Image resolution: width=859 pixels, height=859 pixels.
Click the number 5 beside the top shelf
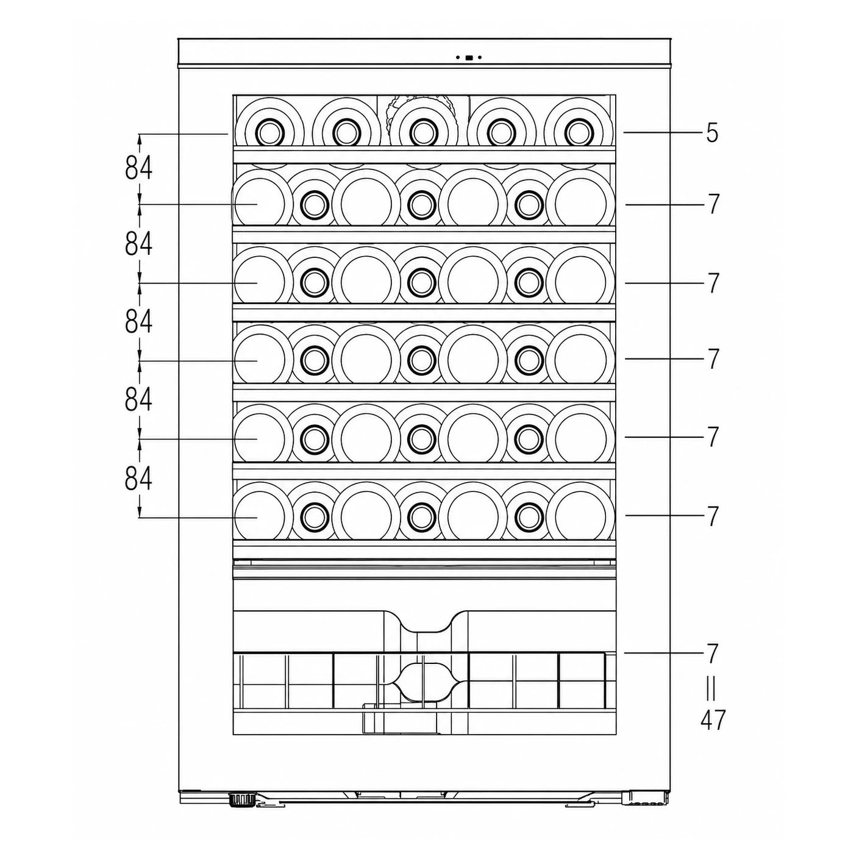point(712,132)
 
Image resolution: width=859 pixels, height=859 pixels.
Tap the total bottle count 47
point(713,719)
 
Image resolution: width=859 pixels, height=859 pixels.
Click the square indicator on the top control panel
point(468,57)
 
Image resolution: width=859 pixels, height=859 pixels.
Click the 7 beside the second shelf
point(713,204)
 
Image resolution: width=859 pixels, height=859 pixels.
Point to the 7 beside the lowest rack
point(712,654)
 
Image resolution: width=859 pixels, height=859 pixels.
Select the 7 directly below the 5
point(713,204)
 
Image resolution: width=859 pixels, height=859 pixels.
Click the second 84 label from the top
point(138,244)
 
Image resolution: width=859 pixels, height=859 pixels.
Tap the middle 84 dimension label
point(138,322)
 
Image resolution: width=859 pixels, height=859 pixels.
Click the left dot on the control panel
point(458,57)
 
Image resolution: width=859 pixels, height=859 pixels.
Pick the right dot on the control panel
point(480,57)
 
